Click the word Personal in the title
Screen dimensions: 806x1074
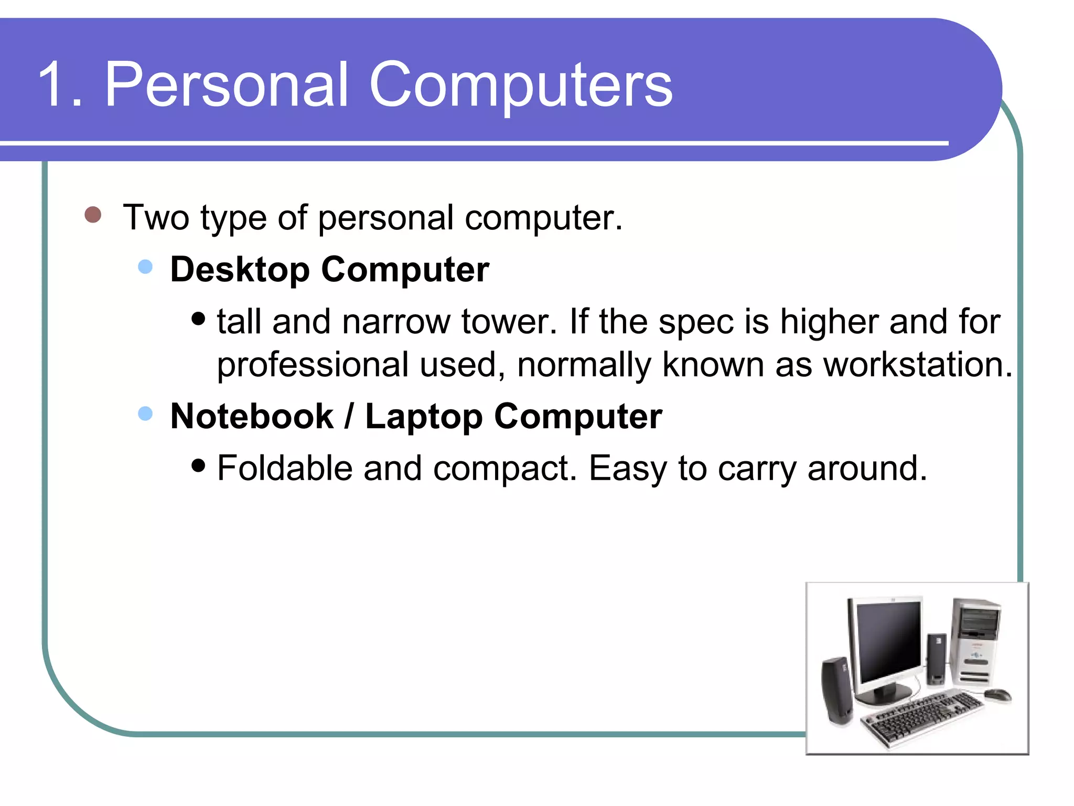(x=227, y=85)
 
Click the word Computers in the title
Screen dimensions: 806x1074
(x=521, y=85)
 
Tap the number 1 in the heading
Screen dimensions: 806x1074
(x=51, y=85)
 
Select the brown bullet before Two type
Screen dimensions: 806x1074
(x=93, y=215)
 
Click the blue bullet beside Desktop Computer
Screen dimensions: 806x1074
(x=145, y=267)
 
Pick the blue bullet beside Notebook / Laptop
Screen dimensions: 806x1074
(x=145, y=414)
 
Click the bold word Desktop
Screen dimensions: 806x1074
(x=240, y=270)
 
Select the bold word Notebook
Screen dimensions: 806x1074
(x=252, y=417)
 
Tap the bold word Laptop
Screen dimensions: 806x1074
(x=423, y=417)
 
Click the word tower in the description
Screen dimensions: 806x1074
(x=508, y=322)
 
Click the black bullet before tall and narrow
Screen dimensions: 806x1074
(x=198, y=319)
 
